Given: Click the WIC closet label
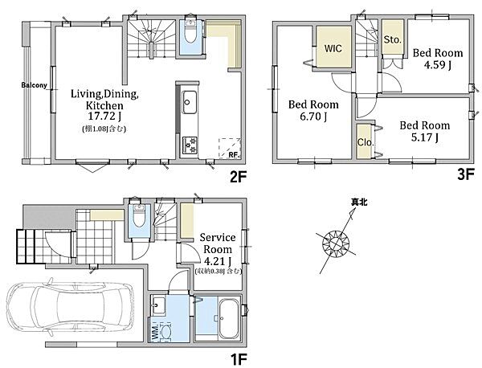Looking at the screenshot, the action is tap(333, 48).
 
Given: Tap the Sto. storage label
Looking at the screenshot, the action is tap(393, 39).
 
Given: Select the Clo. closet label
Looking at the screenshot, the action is tap(366, 142).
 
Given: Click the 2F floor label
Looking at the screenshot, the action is tap(239, 177).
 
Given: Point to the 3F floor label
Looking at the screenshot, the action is tap(466, 174).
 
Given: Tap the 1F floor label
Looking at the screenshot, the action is tap(239, 359).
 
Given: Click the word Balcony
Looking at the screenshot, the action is tap(34, 85).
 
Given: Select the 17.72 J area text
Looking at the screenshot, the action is tap(104, 117).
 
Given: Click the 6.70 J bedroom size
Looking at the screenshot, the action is tap(313, 117).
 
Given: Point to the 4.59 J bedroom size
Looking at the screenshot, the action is tap(438, 65).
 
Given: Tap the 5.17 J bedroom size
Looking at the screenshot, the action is tap(425, 137).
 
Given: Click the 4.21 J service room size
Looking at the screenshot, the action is tap(218, 261).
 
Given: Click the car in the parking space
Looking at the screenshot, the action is tap(70, 308).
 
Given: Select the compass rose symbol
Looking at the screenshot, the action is tap(335, 244).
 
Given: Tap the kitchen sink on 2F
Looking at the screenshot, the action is tap(190, 102).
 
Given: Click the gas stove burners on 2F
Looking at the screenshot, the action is tap(190, 145).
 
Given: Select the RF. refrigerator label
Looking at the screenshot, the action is tap(234, 155).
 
